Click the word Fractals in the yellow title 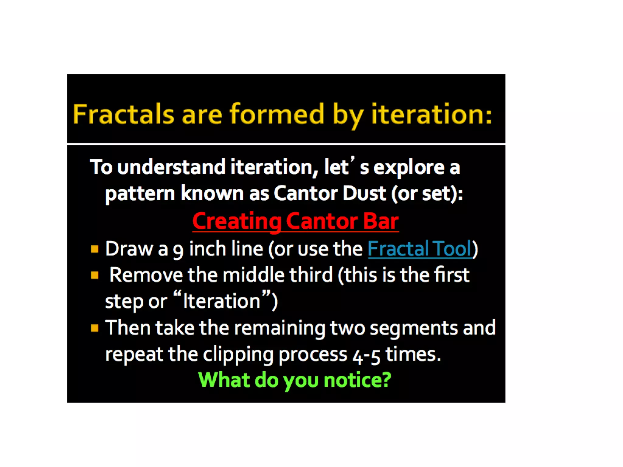point(123,114)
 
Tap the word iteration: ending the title point(431,114)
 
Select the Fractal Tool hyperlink point(420,249)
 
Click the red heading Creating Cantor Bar point(295,221)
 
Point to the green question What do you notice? point(294,380)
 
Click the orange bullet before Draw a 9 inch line point(95,249)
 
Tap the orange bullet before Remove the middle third point(95,275)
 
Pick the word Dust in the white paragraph point(364,193)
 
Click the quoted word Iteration point(221,301)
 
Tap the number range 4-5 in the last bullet point(367,355)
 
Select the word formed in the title point(277,114)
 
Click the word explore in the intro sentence point(409,168)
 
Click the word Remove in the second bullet point(146,275)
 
